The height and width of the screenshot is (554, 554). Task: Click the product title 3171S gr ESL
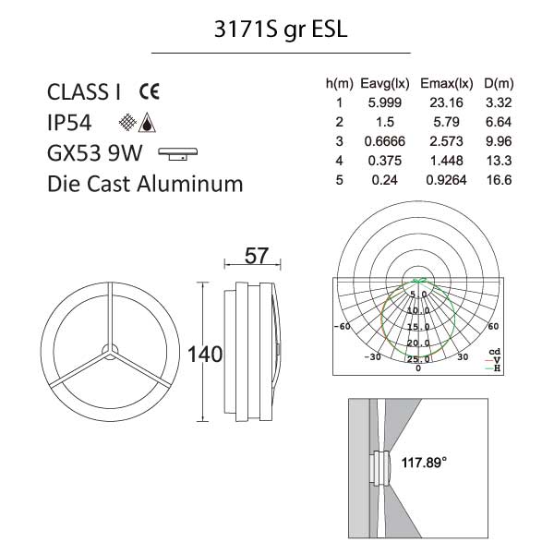(281, 30)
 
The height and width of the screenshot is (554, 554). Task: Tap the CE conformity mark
(149, 91)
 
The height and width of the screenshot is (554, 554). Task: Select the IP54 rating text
(69, 123)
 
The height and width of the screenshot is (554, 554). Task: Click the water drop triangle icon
(147, 123)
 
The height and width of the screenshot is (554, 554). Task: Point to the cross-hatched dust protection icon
(127, 122)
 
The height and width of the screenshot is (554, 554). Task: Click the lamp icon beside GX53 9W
(177, 154)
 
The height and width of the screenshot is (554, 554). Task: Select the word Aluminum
(190, 184)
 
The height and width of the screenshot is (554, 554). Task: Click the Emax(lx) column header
(447, 84)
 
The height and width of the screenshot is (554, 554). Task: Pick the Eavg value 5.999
(385, 102)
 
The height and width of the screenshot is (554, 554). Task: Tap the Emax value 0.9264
(446, 180)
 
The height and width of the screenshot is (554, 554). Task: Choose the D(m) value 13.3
(499, 161)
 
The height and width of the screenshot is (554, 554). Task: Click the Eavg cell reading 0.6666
(385, 141)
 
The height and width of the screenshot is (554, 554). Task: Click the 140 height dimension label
(205, 354)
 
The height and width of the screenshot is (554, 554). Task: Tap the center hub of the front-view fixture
(110, 352)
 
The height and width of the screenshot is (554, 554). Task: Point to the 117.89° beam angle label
(424, 463)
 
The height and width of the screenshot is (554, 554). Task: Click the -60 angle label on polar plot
(343, 326)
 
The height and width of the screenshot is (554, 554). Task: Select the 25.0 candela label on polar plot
(418, 359)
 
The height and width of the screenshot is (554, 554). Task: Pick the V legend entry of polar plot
(494, 360)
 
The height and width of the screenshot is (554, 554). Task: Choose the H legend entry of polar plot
(494, 368)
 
